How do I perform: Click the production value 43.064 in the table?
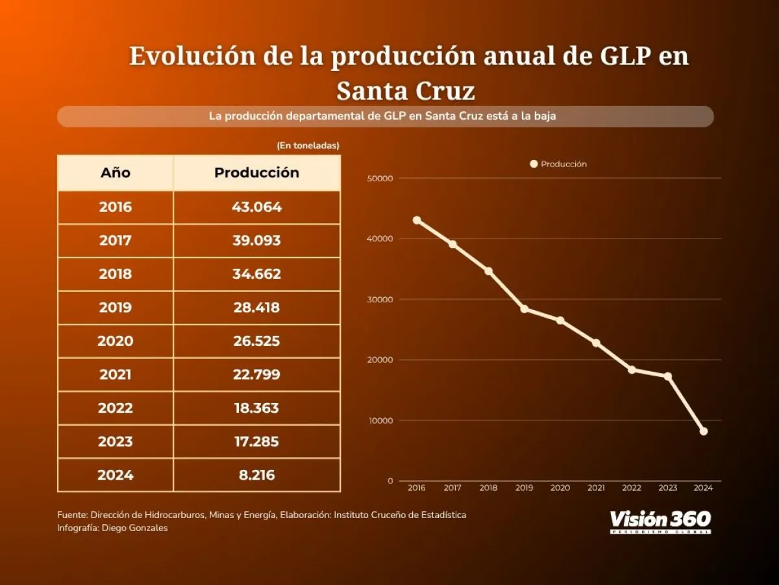coord(256,207)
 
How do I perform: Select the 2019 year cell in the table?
coord(116,307)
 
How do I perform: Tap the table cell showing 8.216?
coord(256,475)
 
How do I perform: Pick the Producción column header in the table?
coord(256,173)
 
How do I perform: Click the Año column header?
coord(116,173)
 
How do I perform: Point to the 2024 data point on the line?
coord(704,431)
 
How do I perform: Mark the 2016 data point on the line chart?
coord(417,220)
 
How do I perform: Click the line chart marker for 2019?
coord(524,309)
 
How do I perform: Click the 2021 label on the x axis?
coord(596,487)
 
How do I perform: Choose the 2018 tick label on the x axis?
coord(488,487)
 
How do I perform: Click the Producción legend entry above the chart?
coord(559,164)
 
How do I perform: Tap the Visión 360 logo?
coord(660,521)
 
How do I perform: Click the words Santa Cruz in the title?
coord(406,90)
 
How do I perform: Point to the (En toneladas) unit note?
coord(308,145)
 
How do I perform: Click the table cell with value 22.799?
coord(256,374)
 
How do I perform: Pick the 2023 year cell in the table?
coord(116,441)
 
